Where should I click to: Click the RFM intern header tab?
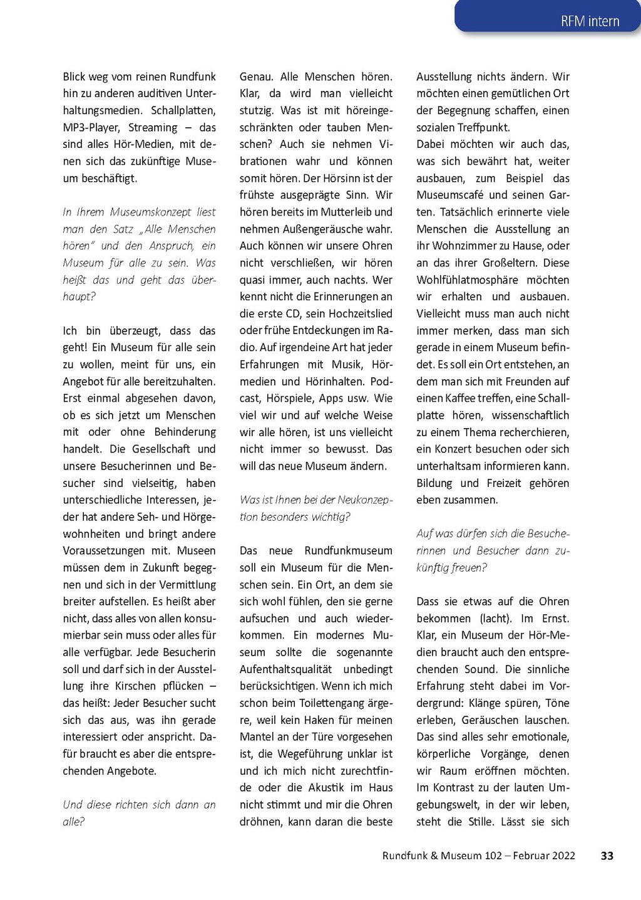(x=590, y=21)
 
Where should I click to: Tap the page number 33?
(x=607, y=856)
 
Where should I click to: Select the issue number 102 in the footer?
(x=493, y=856)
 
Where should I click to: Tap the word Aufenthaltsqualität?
(x=285, y=669)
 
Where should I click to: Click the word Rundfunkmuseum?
(x=348, y=550)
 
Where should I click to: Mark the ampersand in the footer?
(x=434, y=856)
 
